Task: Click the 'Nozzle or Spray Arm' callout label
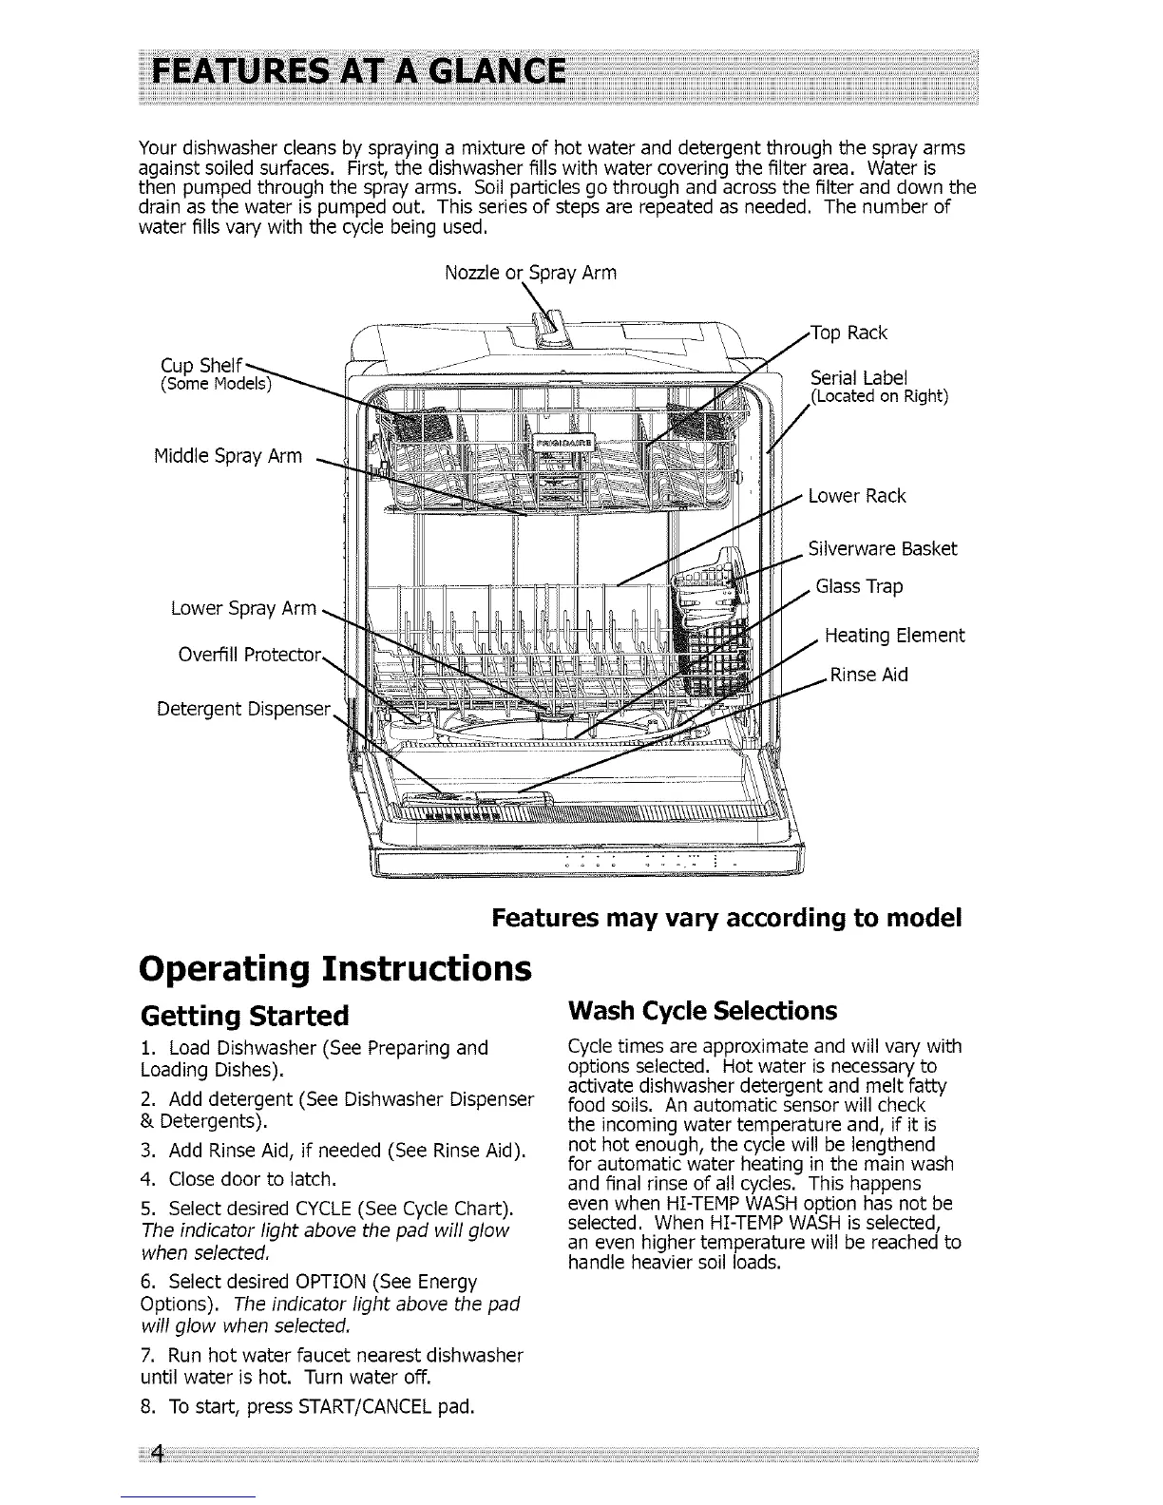(x=530, y=274)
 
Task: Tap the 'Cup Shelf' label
(x=200, y=366)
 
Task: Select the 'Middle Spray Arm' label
(x=228, y=456)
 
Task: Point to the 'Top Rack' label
(x=848, y=333)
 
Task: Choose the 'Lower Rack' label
(x=856, y=496)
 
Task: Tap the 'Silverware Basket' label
(x=882, y=548)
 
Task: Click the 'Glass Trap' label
(x=859, y=586)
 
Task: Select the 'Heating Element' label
(x=894, y=635)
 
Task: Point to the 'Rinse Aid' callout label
(x=868, y=675)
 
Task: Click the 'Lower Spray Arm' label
(x=243, y=608)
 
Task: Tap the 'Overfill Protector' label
(x=251, y=655)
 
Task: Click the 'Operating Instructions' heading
(x=334, y=968)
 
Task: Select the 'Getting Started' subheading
(x=244, y=1016)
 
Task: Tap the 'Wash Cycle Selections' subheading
(x=701, y=1009)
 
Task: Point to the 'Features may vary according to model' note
(x=727, y=919)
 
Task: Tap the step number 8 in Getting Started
(x=144, y=1405)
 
